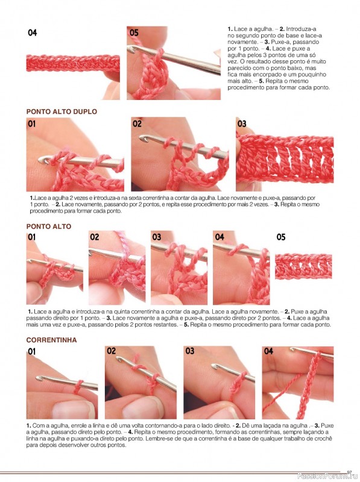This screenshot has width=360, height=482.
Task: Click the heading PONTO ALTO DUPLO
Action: [x=62, y=111]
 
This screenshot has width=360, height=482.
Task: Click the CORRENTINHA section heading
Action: [x=51, y=340]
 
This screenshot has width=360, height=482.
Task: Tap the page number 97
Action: [x=349, y=472]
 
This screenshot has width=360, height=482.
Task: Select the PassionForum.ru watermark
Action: [x=328, y=476]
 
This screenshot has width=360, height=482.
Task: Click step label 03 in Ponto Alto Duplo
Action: [x=242, y=124]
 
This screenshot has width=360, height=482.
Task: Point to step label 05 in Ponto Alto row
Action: [x=280, y=237]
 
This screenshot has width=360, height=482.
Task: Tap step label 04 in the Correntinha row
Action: [x=268, y=351]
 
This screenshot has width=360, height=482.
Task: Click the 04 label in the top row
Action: [x=33, y=33]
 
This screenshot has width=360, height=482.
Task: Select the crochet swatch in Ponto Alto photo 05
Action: [x=303, y=266]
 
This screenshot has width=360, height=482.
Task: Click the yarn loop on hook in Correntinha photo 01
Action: [x=78, y=387]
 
